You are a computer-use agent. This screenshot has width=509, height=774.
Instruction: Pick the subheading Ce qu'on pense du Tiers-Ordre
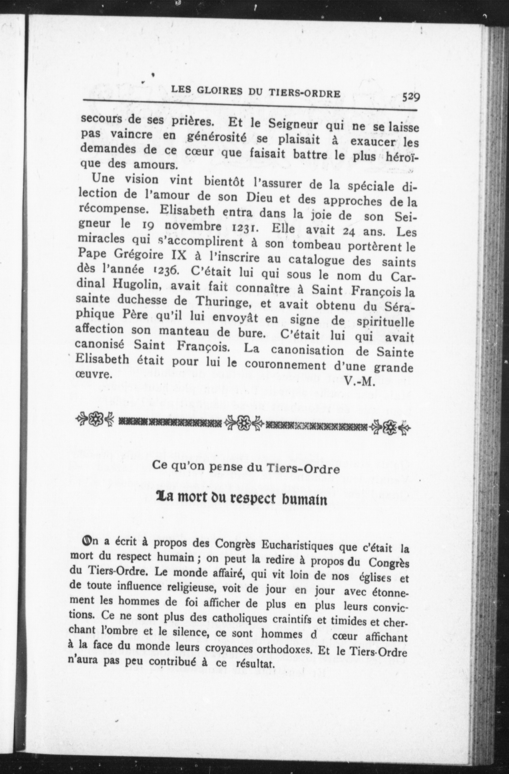246,469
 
